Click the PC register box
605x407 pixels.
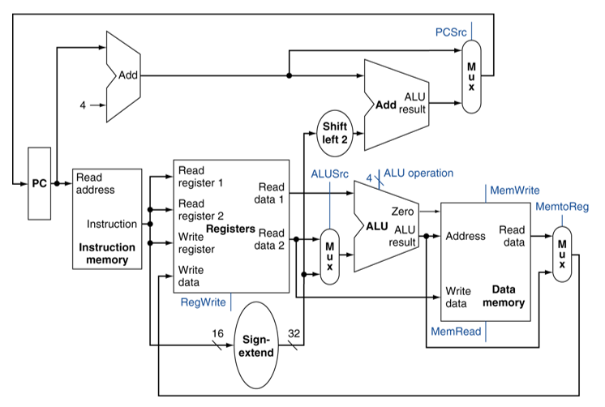point(40,183)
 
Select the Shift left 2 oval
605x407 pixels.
point(334,132)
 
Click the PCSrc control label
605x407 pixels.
point(451,32)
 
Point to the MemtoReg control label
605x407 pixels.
point(561,207)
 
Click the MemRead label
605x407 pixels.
point(456,332)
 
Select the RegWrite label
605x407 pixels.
point(202,302)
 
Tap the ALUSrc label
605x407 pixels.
point(329,174)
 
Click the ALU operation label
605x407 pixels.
point(418,173)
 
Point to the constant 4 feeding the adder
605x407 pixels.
point(82,105)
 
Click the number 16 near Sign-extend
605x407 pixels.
point(217,333)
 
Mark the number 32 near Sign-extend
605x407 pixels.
point(294,333)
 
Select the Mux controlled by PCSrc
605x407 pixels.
point(470,74)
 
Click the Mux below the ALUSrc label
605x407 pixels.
point(328,256)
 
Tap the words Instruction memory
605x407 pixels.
point(107,253)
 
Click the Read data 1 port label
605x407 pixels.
point(271,192)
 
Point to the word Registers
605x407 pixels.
point(231,229)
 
